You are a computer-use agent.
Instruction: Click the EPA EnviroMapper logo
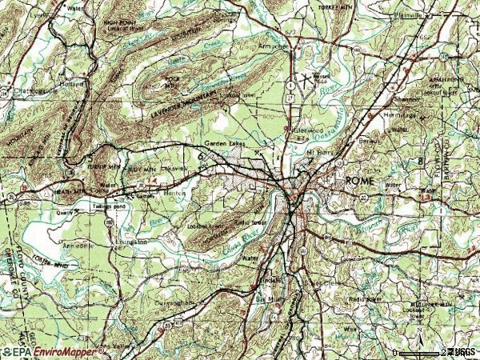click(35, 351)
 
